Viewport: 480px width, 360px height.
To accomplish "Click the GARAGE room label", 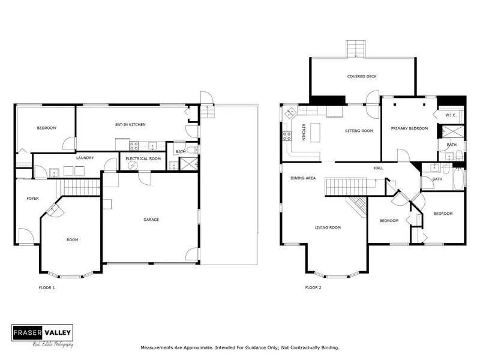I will tap(151, 220).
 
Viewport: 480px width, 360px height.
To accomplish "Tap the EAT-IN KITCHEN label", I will tap(131, 125).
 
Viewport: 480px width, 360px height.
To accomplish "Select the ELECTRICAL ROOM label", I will tap(143, 158).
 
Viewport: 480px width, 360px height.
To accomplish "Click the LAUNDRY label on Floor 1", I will tap(85, 158).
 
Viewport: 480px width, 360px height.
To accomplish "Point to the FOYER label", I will tap(32, 198).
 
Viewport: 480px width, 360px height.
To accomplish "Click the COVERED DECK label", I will tap(362, 76).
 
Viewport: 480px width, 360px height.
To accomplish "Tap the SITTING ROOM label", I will tap(359, 130).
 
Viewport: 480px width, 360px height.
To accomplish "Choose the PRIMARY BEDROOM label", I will tap(410, 128).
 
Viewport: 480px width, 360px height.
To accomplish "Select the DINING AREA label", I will tap(303, 178).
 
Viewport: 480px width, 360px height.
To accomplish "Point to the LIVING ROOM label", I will tap(328, 227).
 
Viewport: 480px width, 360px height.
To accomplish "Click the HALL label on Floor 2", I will tap(379, 168).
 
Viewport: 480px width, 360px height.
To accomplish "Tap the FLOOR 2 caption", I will tap(313, 287).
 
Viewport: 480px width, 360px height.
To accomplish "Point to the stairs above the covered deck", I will tap(356, 49).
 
